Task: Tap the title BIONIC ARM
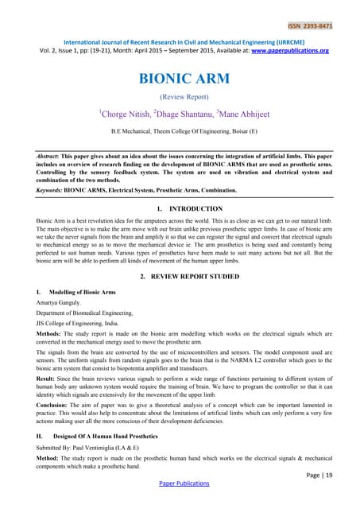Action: click(x=180, y=80)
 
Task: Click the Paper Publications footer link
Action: click(x=180, y=503)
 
